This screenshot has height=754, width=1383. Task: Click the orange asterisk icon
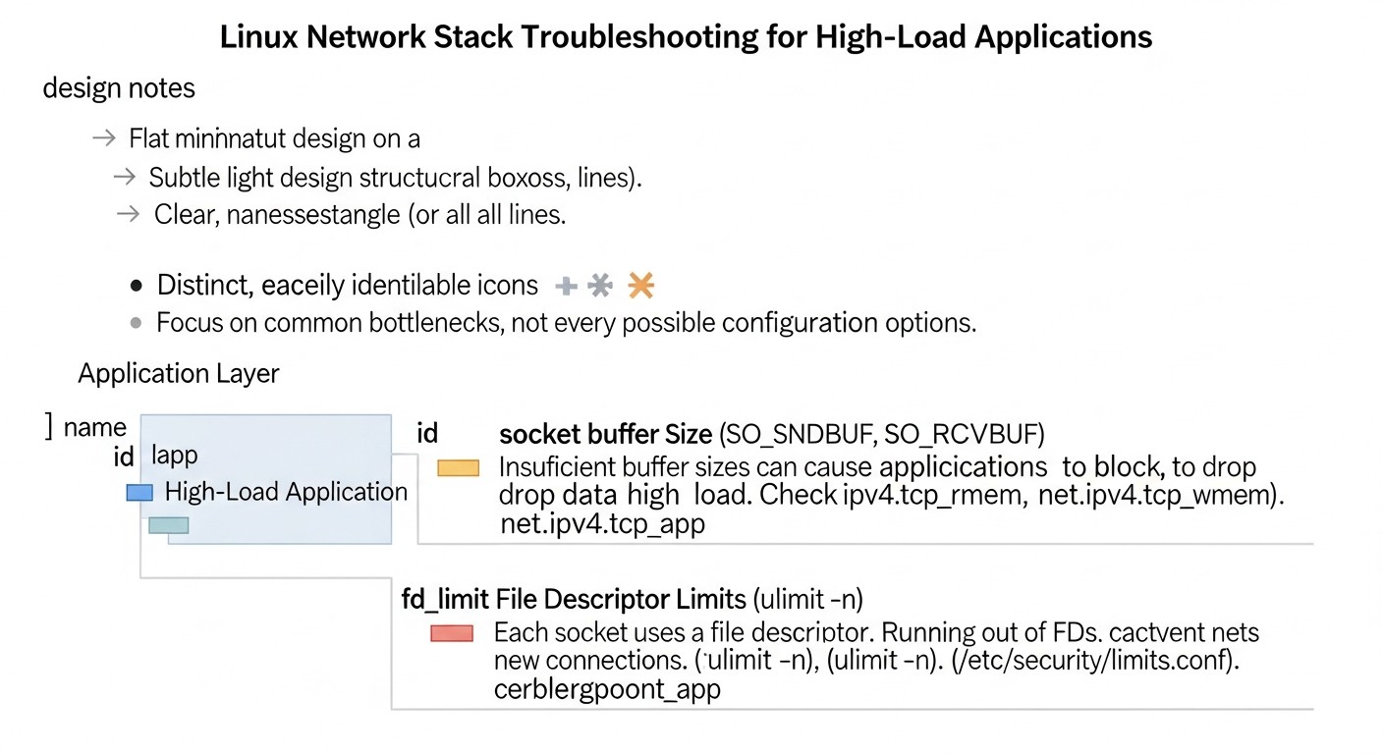[640, 286]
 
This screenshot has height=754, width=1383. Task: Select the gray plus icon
[567, 287]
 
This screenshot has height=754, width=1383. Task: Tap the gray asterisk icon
[600, 286]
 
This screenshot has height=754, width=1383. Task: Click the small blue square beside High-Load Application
[139, 493]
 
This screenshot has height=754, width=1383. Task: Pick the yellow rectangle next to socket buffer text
[458, 467]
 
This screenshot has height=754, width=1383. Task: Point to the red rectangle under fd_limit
[452, 633]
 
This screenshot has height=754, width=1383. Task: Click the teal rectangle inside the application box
[168, 525]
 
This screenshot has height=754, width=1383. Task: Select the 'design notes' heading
[119, 88]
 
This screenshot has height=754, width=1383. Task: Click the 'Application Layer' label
[179, 374]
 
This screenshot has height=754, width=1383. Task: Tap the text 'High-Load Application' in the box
[286, 492]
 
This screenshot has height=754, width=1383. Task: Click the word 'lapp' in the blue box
[175, 456]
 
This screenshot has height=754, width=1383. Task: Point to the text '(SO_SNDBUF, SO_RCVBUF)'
[881, 434]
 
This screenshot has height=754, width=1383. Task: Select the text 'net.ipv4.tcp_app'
[602, 523]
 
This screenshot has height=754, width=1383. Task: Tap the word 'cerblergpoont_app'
[607, 689]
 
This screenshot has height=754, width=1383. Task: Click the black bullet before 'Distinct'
[137, 287]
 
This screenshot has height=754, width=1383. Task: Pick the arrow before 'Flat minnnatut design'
[104, 138]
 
